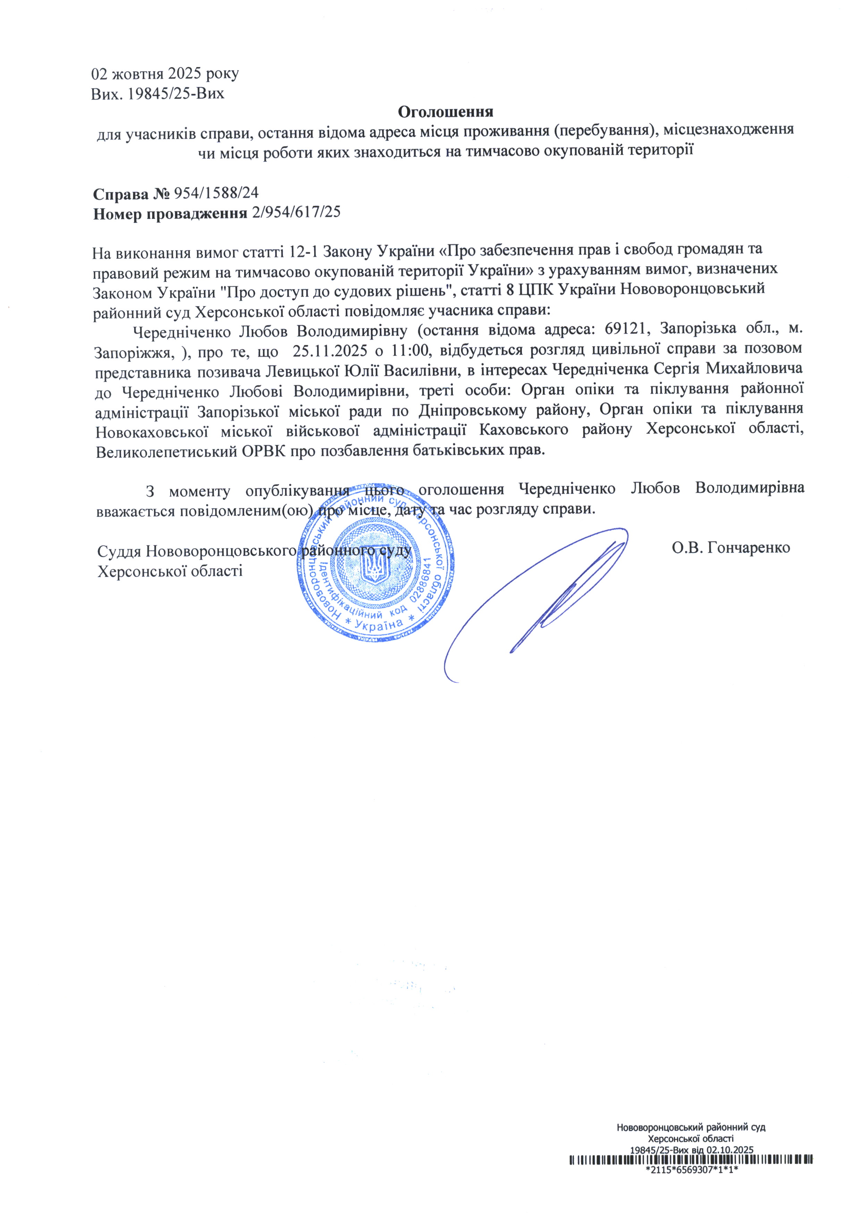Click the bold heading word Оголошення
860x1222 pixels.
click(x=445, y=112)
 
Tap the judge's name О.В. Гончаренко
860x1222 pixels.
click(x=731, y=548)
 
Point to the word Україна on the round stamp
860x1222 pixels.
click(x=379, y=624)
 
